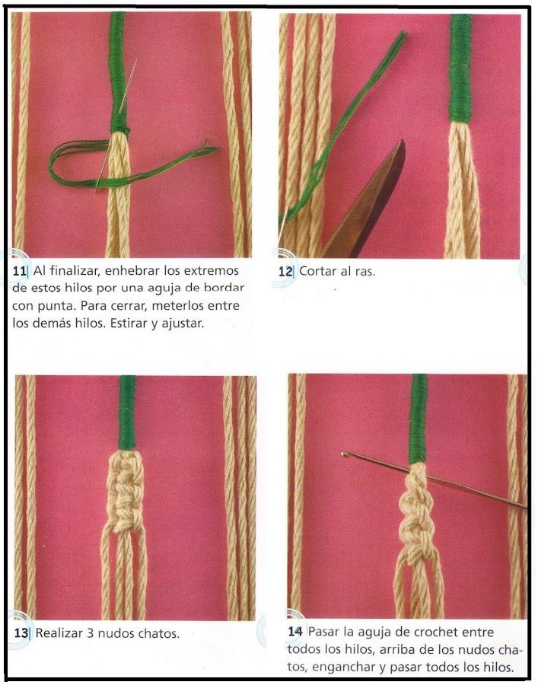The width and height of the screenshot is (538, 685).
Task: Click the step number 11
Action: tap(19, 271)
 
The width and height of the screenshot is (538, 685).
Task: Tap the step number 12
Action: tap(285, 271)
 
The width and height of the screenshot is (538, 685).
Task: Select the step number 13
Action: tap(21, 632)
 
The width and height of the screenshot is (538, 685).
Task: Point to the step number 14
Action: tap(295, 631)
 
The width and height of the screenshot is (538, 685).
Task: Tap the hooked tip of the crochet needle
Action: tap(345, 454)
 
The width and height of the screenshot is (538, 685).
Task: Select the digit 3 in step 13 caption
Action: tap(90, 632)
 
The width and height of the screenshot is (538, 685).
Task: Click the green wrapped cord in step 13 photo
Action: tap(126, 413)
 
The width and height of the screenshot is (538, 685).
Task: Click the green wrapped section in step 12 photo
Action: tap(460, 68)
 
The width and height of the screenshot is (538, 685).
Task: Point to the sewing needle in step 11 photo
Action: tap(116, 126)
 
